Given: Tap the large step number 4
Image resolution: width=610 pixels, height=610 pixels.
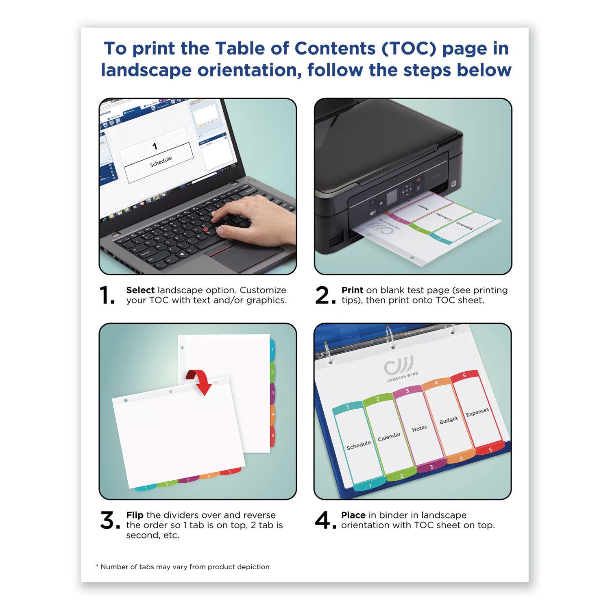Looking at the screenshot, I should [323, 521].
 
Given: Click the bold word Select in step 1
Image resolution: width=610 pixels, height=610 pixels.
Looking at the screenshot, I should [140, 290].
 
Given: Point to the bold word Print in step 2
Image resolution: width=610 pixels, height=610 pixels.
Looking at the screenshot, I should [352, 290].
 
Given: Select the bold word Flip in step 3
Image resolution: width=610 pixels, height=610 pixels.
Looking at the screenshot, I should [135, 515].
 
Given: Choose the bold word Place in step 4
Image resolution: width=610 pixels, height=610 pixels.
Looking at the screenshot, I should [353, 515].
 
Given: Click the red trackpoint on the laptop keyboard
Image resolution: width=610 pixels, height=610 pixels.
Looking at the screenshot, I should [206, 230].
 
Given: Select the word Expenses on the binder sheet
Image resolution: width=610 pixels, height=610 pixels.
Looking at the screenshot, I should [477, 412].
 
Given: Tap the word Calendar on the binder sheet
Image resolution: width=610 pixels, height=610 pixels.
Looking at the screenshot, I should [389, 437].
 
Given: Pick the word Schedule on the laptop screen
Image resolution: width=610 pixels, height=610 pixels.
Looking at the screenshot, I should [161, 161].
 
